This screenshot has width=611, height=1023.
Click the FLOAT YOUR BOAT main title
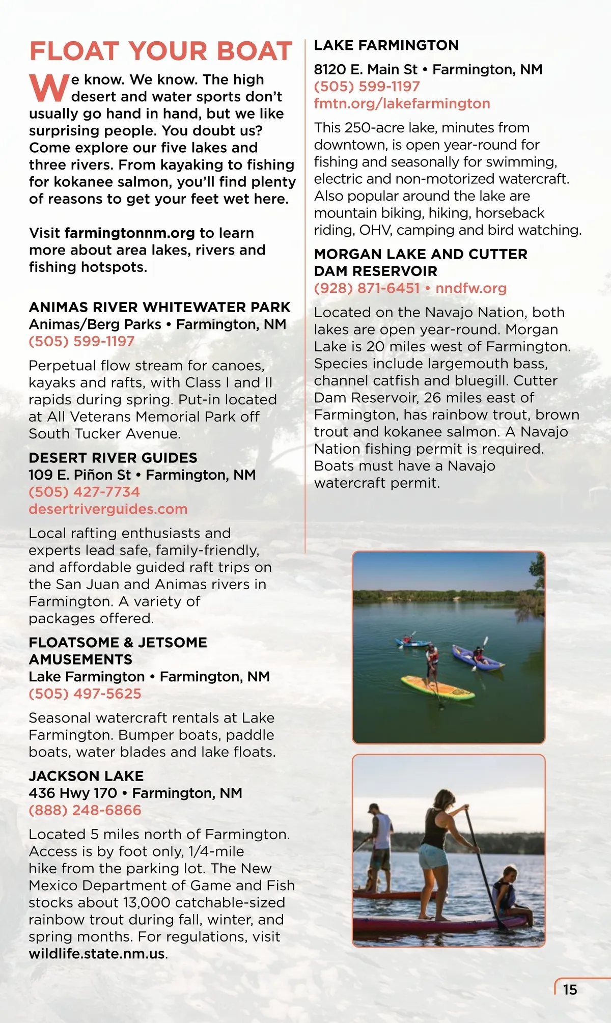pos(161,51)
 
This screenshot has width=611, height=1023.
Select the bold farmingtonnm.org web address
pos(130,233)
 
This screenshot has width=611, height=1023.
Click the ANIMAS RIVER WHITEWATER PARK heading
pos(159,308)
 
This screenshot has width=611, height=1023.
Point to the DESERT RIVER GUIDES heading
pos(113,458)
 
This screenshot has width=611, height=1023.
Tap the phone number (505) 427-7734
pos(84,492)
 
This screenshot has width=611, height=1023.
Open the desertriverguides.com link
pos(108,509)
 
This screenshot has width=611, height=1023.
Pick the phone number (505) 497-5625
pos(85,694)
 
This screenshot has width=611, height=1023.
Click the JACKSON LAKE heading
pos(86,776)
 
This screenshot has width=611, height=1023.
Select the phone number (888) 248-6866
pos(85,810)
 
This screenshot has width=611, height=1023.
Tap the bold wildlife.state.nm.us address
pos(97,954)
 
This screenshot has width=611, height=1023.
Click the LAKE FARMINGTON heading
pos(386,45)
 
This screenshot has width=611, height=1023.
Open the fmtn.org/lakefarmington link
pos(402,103)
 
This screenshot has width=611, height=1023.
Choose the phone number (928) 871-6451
pos(367,288)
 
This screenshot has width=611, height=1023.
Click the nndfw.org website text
pos(471,288)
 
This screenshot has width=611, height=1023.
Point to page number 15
pos(570,990)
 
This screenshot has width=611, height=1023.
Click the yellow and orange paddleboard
pos(438,687)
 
